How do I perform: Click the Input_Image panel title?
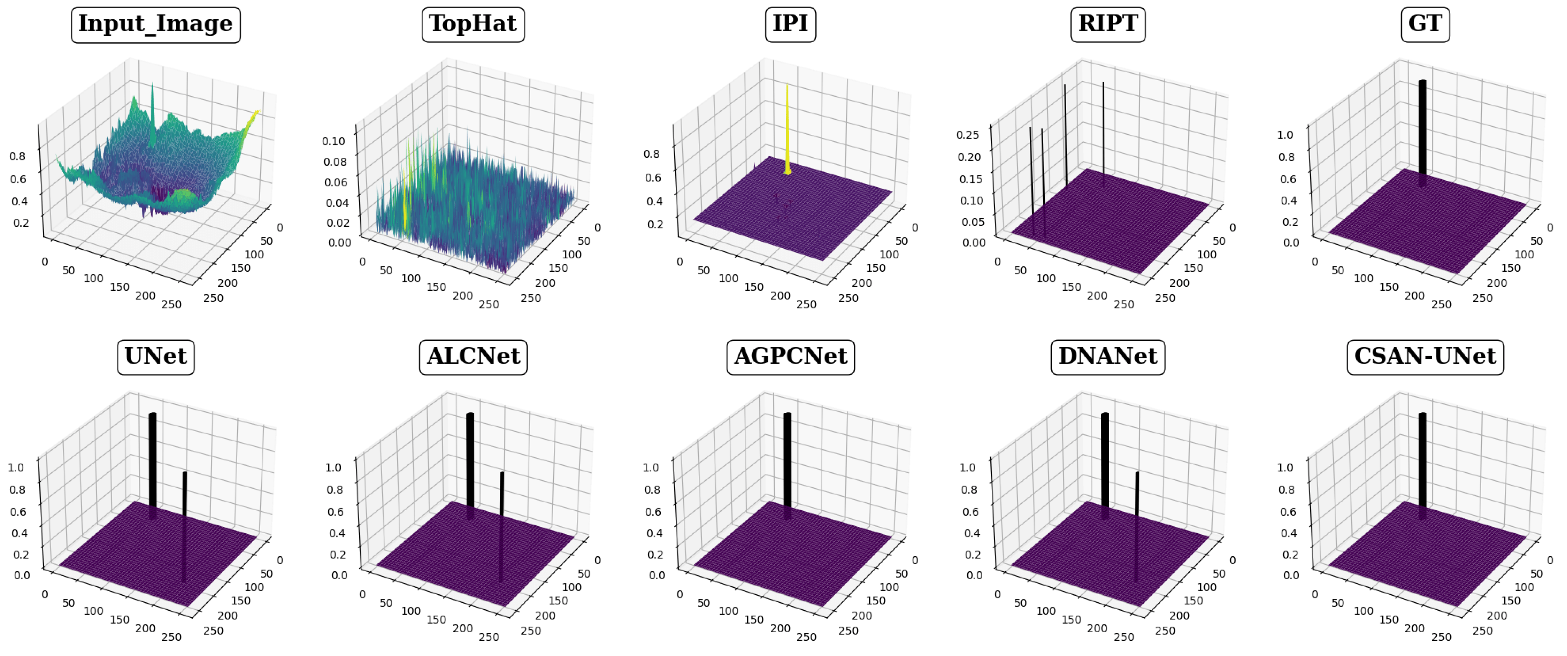(156, 24)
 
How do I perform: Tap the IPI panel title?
(790, 24)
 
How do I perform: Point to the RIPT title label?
(1108, 24)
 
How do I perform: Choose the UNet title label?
(156, 357)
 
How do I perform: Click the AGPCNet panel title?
(790, 357)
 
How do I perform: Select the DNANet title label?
(1108, 357)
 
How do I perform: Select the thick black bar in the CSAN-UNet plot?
(1422, 465)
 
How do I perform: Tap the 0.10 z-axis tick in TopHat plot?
(333, 141)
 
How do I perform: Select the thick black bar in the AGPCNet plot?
(787, 465)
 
